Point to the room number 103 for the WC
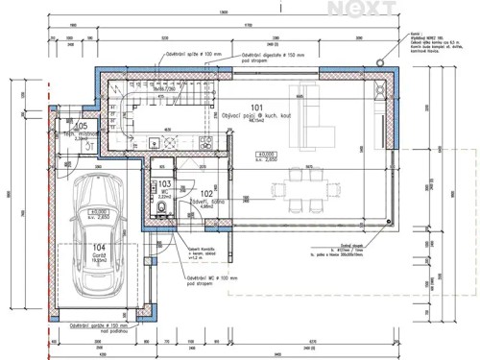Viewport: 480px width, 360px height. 164,182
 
